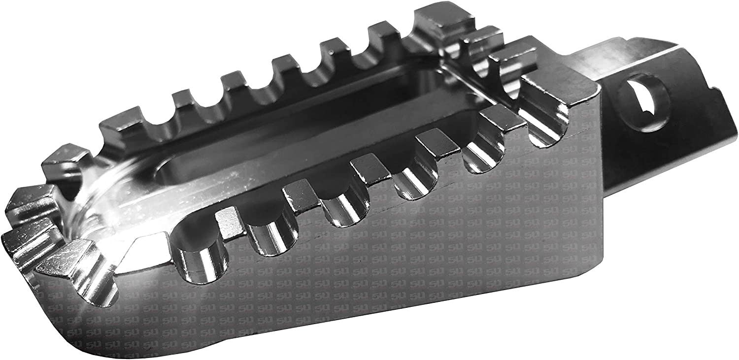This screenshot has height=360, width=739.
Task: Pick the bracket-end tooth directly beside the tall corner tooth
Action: tap(480, 38)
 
